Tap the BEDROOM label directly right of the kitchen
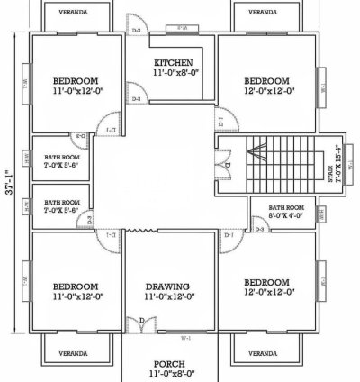[x=266, y=79]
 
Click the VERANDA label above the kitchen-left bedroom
[x=74, y=14]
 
